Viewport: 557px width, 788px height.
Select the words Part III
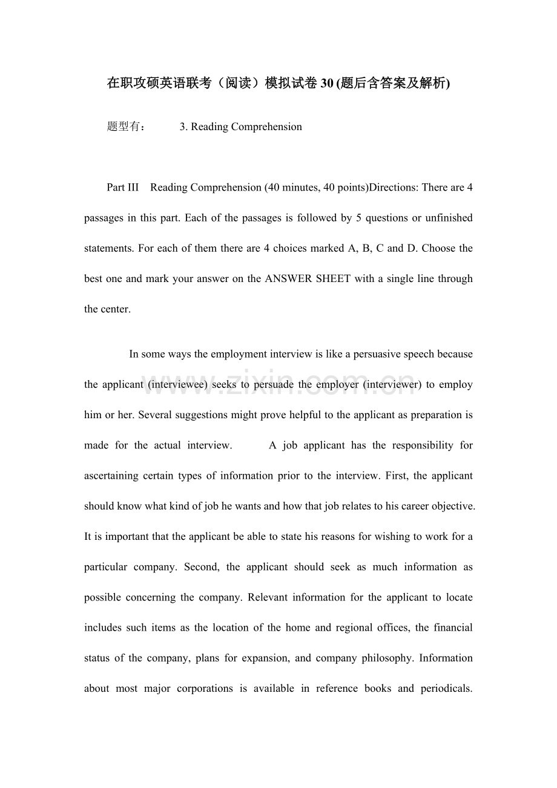(x=123, y=187)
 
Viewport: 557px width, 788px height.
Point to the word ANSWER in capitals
(x=287, y=278)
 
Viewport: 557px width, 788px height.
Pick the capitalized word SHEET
(x=332, y=278)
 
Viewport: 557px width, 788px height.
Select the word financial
(x=453, y=628)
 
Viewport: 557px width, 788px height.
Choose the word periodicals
(x=446, y=688)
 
